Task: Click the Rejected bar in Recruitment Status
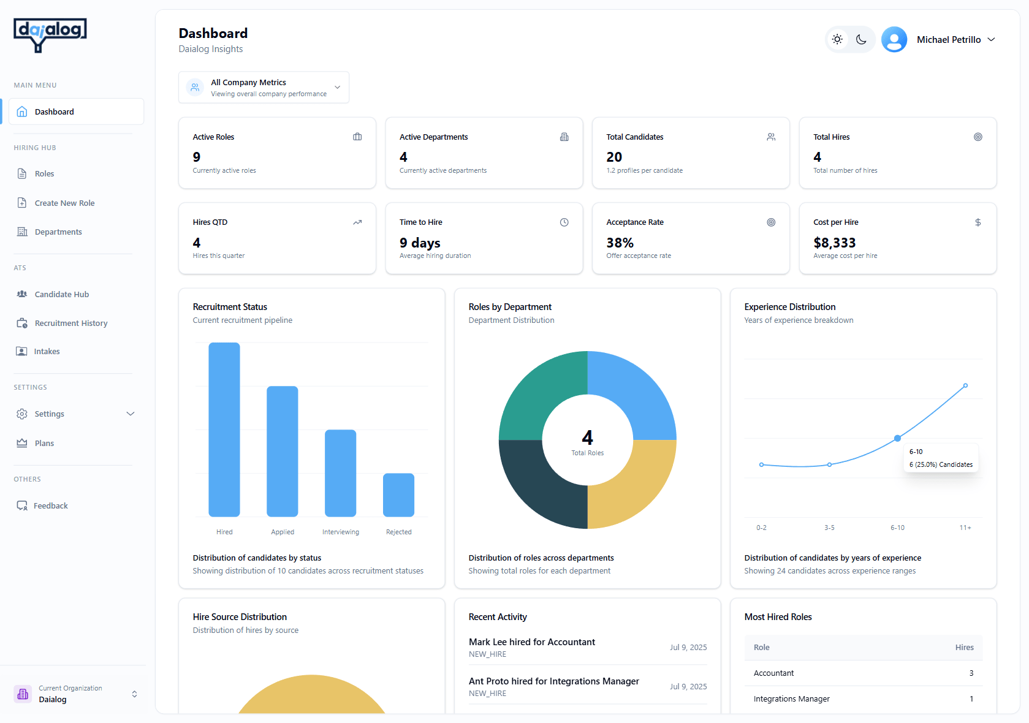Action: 398,494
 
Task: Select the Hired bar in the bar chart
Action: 224,429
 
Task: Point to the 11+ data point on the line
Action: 965,386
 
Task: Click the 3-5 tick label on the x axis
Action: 829,528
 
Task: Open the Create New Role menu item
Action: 64,203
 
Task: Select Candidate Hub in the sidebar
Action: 61,294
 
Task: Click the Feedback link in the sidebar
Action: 50,505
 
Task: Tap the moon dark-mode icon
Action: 861,40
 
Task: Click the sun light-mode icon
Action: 837,40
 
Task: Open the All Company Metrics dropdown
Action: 264,88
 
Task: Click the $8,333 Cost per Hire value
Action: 834,243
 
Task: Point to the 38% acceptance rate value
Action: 620,243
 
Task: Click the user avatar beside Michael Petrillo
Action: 894,40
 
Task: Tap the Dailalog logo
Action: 50,34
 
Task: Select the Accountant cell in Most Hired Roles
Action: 773,673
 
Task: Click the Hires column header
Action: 964,647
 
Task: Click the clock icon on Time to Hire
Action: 564,222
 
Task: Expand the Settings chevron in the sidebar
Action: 130,414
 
